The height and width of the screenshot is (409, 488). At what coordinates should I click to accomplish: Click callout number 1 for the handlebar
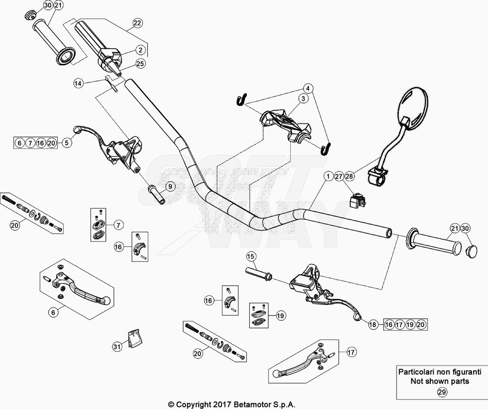click(328, 177)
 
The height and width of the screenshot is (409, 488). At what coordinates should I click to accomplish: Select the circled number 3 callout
click(302, 99)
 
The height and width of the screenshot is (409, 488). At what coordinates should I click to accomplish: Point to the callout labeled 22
click(137, 23)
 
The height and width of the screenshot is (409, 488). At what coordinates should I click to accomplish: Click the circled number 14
click(78, 83)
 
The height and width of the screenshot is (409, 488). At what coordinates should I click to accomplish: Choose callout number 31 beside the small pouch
click(117, 347)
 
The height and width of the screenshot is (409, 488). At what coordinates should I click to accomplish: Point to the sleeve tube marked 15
click(258, 273)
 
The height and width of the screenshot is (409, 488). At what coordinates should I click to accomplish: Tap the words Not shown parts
click(439, 381)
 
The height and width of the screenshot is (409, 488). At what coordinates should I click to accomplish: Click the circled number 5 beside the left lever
click(66, 142)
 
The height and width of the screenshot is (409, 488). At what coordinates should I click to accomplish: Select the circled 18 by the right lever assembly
click(373, 325)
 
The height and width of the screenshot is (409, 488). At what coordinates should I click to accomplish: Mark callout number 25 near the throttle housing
click(140, 63)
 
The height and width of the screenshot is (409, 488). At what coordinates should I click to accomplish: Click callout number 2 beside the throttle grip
click(140, 49)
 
